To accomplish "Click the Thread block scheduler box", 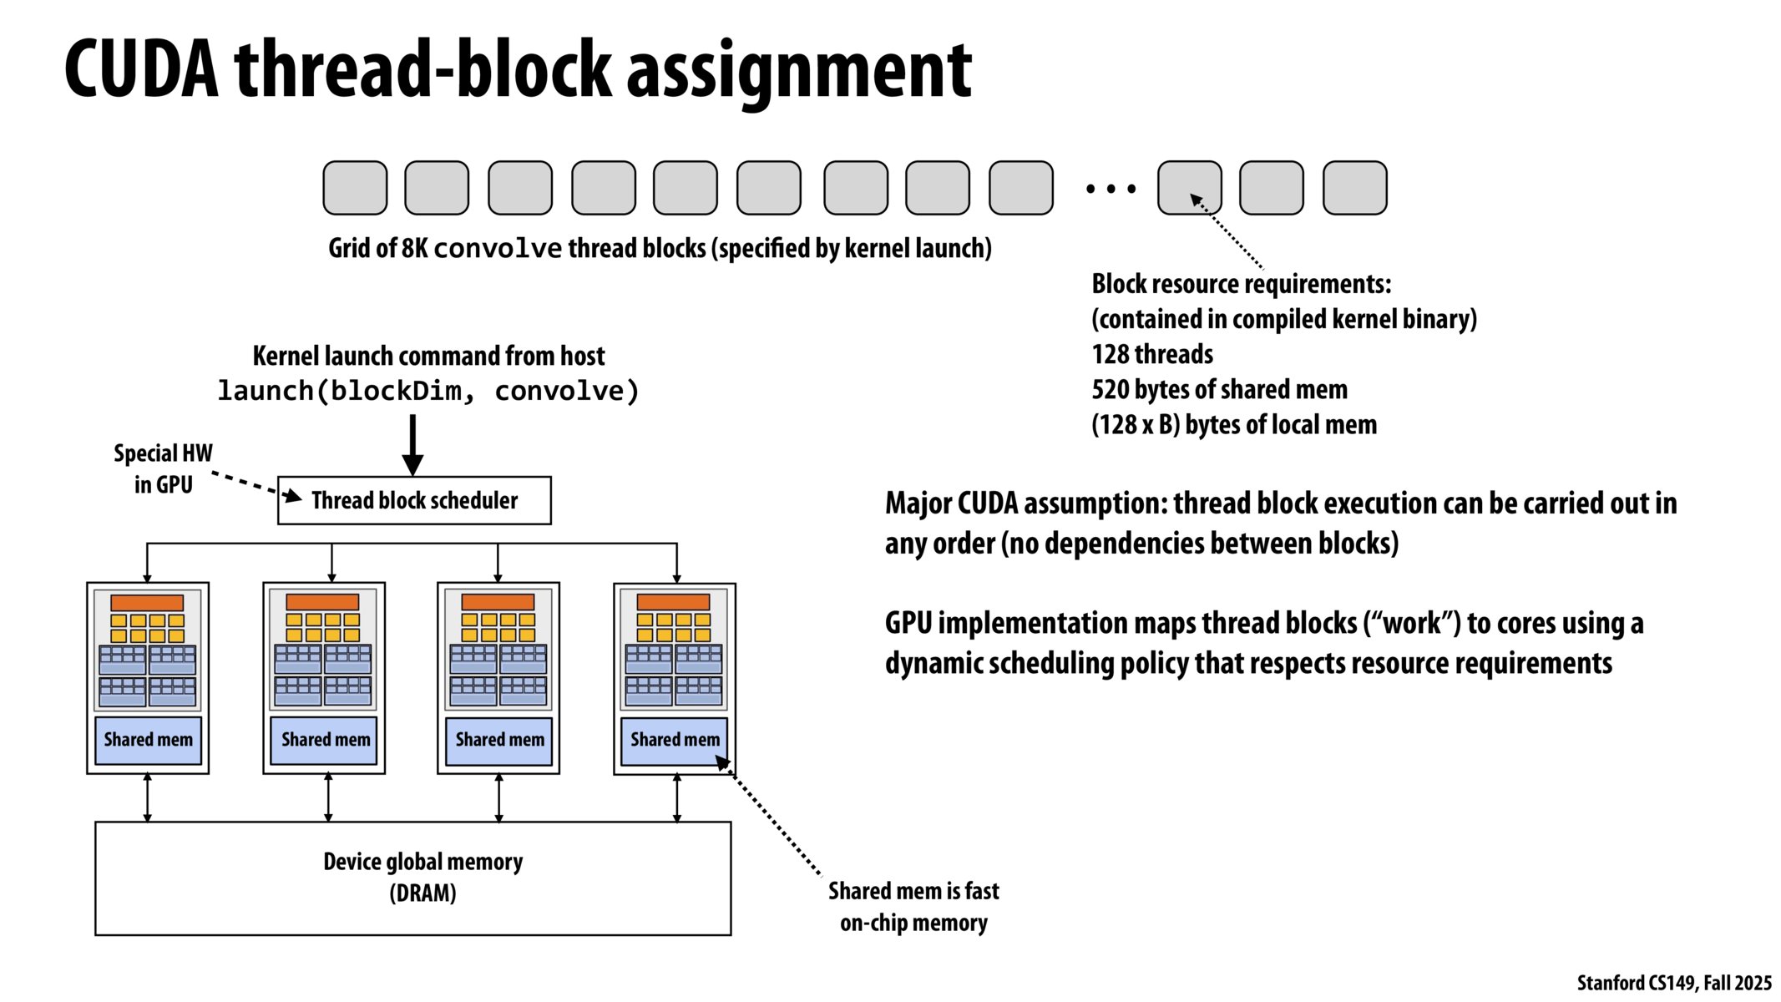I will (414, 500).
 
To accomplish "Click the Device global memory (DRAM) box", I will (412, 878).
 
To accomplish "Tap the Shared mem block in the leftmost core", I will (148, 740).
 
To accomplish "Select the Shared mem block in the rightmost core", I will (674, 740).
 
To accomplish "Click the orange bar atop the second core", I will (322, 602).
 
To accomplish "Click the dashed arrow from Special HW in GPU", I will (250, 485).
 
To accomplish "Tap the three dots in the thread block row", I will (1110, 190).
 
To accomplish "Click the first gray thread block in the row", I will (355, 188).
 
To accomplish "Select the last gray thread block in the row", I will (1354, 188).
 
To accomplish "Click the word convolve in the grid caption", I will (498, 249).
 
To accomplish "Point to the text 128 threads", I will (1151, 354).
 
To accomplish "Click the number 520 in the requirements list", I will (1110, 389).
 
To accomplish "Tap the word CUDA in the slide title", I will (141, 69).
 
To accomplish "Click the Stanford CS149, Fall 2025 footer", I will (1673, 983).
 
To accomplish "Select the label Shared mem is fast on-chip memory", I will (913, 907).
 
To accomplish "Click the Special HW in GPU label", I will (163, 468).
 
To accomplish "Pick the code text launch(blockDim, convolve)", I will (428, 391).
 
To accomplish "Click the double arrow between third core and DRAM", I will (498, 797).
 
